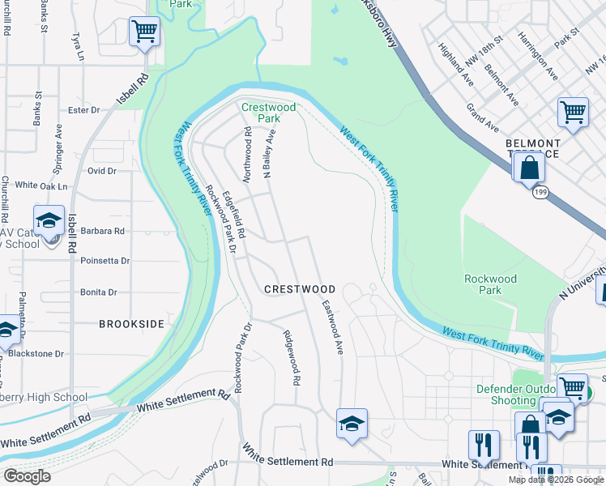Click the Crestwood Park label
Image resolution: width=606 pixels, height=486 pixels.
(268, 113)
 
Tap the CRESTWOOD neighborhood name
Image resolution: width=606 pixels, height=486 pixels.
(300, 289)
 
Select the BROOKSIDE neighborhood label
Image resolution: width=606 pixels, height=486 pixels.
(131, 324)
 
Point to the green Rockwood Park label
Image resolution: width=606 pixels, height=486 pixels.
(489, 284)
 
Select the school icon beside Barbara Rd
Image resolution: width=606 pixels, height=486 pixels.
(49, 220)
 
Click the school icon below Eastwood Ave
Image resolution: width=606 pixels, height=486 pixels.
(352, 423)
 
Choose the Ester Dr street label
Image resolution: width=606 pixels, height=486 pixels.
(83, 110)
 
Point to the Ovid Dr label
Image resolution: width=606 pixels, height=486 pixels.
(102, 171)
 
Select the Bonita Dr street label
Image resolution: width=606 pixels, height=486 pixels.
(99, 292)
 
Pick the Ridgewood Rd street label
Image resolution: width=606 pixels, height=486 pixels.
(292, 357)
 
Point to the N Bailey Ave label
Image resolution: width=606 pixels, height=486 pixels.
(270, 151)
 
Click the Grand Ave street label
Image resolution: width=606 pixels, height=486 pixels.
(482, 118)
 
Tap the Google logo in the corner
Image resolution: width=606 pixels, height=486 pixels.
(27, 476)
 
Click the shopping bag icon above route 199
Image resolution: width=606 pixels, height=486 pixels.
(528, 168)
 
